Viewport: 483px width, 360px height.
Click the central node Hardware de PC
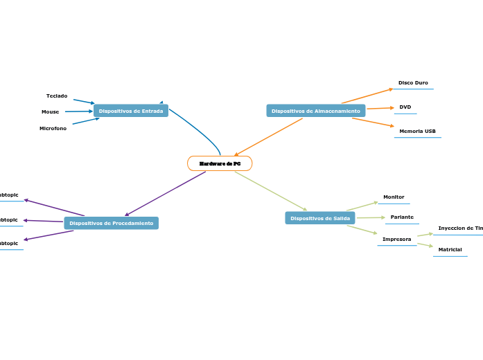click(220, 163)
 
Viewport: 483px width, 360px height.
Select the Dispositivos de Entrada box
click(131, 111)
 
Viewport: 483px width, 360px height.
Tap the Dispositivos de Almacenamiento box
click(315, 111)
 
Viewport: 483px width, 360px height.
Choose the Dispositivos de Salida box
click(319, 218)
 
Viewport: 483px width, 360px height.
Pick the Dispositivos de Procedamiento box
click(111, 223)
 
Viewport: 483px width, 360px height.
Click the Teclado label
click(57, 96)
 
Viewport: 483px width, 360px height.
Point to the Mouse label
click(50, 111)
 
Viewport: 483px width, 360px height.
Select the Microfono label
click(53, 128)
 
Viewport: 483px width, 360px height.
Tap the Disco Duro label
click(413, 83)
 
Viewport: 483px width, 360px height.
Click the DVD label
click(405, 107)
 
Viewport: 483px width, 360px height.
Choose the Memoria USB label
click(417, 132)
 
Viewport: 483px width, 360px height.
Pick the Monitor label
click(394, 197)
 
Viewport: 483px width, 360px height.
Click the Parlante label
click(402, 217)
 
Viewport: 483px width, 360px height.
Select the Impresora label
click(396, 240)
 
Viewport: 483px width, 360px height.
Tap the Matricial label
click(450, 250)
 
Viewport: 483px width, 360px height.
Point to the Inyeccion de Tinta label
click(460, 228)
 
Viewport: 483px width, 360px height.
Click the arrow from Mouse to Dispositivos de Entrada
click(78, 111)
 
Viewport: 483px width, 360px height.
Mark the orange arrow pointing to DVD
click(380, 108)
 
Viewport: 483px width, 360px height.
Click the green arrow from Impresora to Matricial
click(425, 244)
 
